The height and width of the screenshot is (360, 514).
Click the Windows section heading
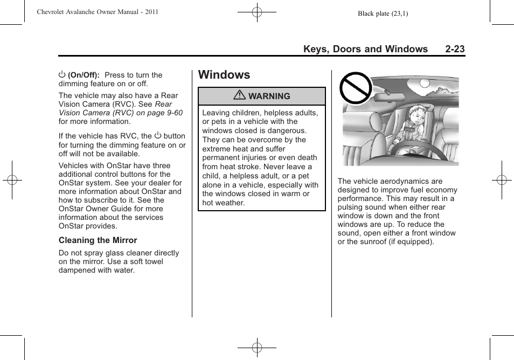pos(224,75)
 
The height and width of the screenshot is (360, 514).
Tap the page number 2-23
pos(455,49)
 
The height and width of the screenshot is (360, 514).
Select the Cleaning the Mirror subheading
pos(98,240)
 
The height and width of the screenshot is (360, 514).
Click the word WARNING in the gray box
pos(269,96)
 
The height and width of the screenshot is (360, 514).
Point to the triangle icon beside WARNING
pos(240,96)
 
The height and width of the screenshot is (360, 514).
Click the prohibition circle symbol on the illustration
pos(355,88)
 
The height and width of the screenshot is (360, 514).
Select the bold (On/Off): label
pos(84,75)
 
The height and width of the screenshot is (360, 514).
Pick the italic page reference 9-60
pos(175,113)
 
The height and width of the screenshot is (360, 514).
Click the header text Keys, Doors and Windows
pos(365,49)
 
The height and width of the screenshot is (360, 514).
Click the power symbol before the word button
pos(158,136)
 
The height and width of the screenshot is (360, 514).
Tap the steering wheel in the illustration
pos(401,148)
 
